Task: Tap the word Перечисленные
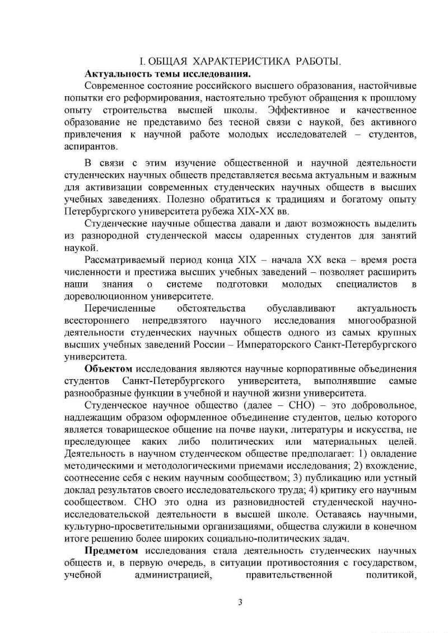point(118,309)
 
